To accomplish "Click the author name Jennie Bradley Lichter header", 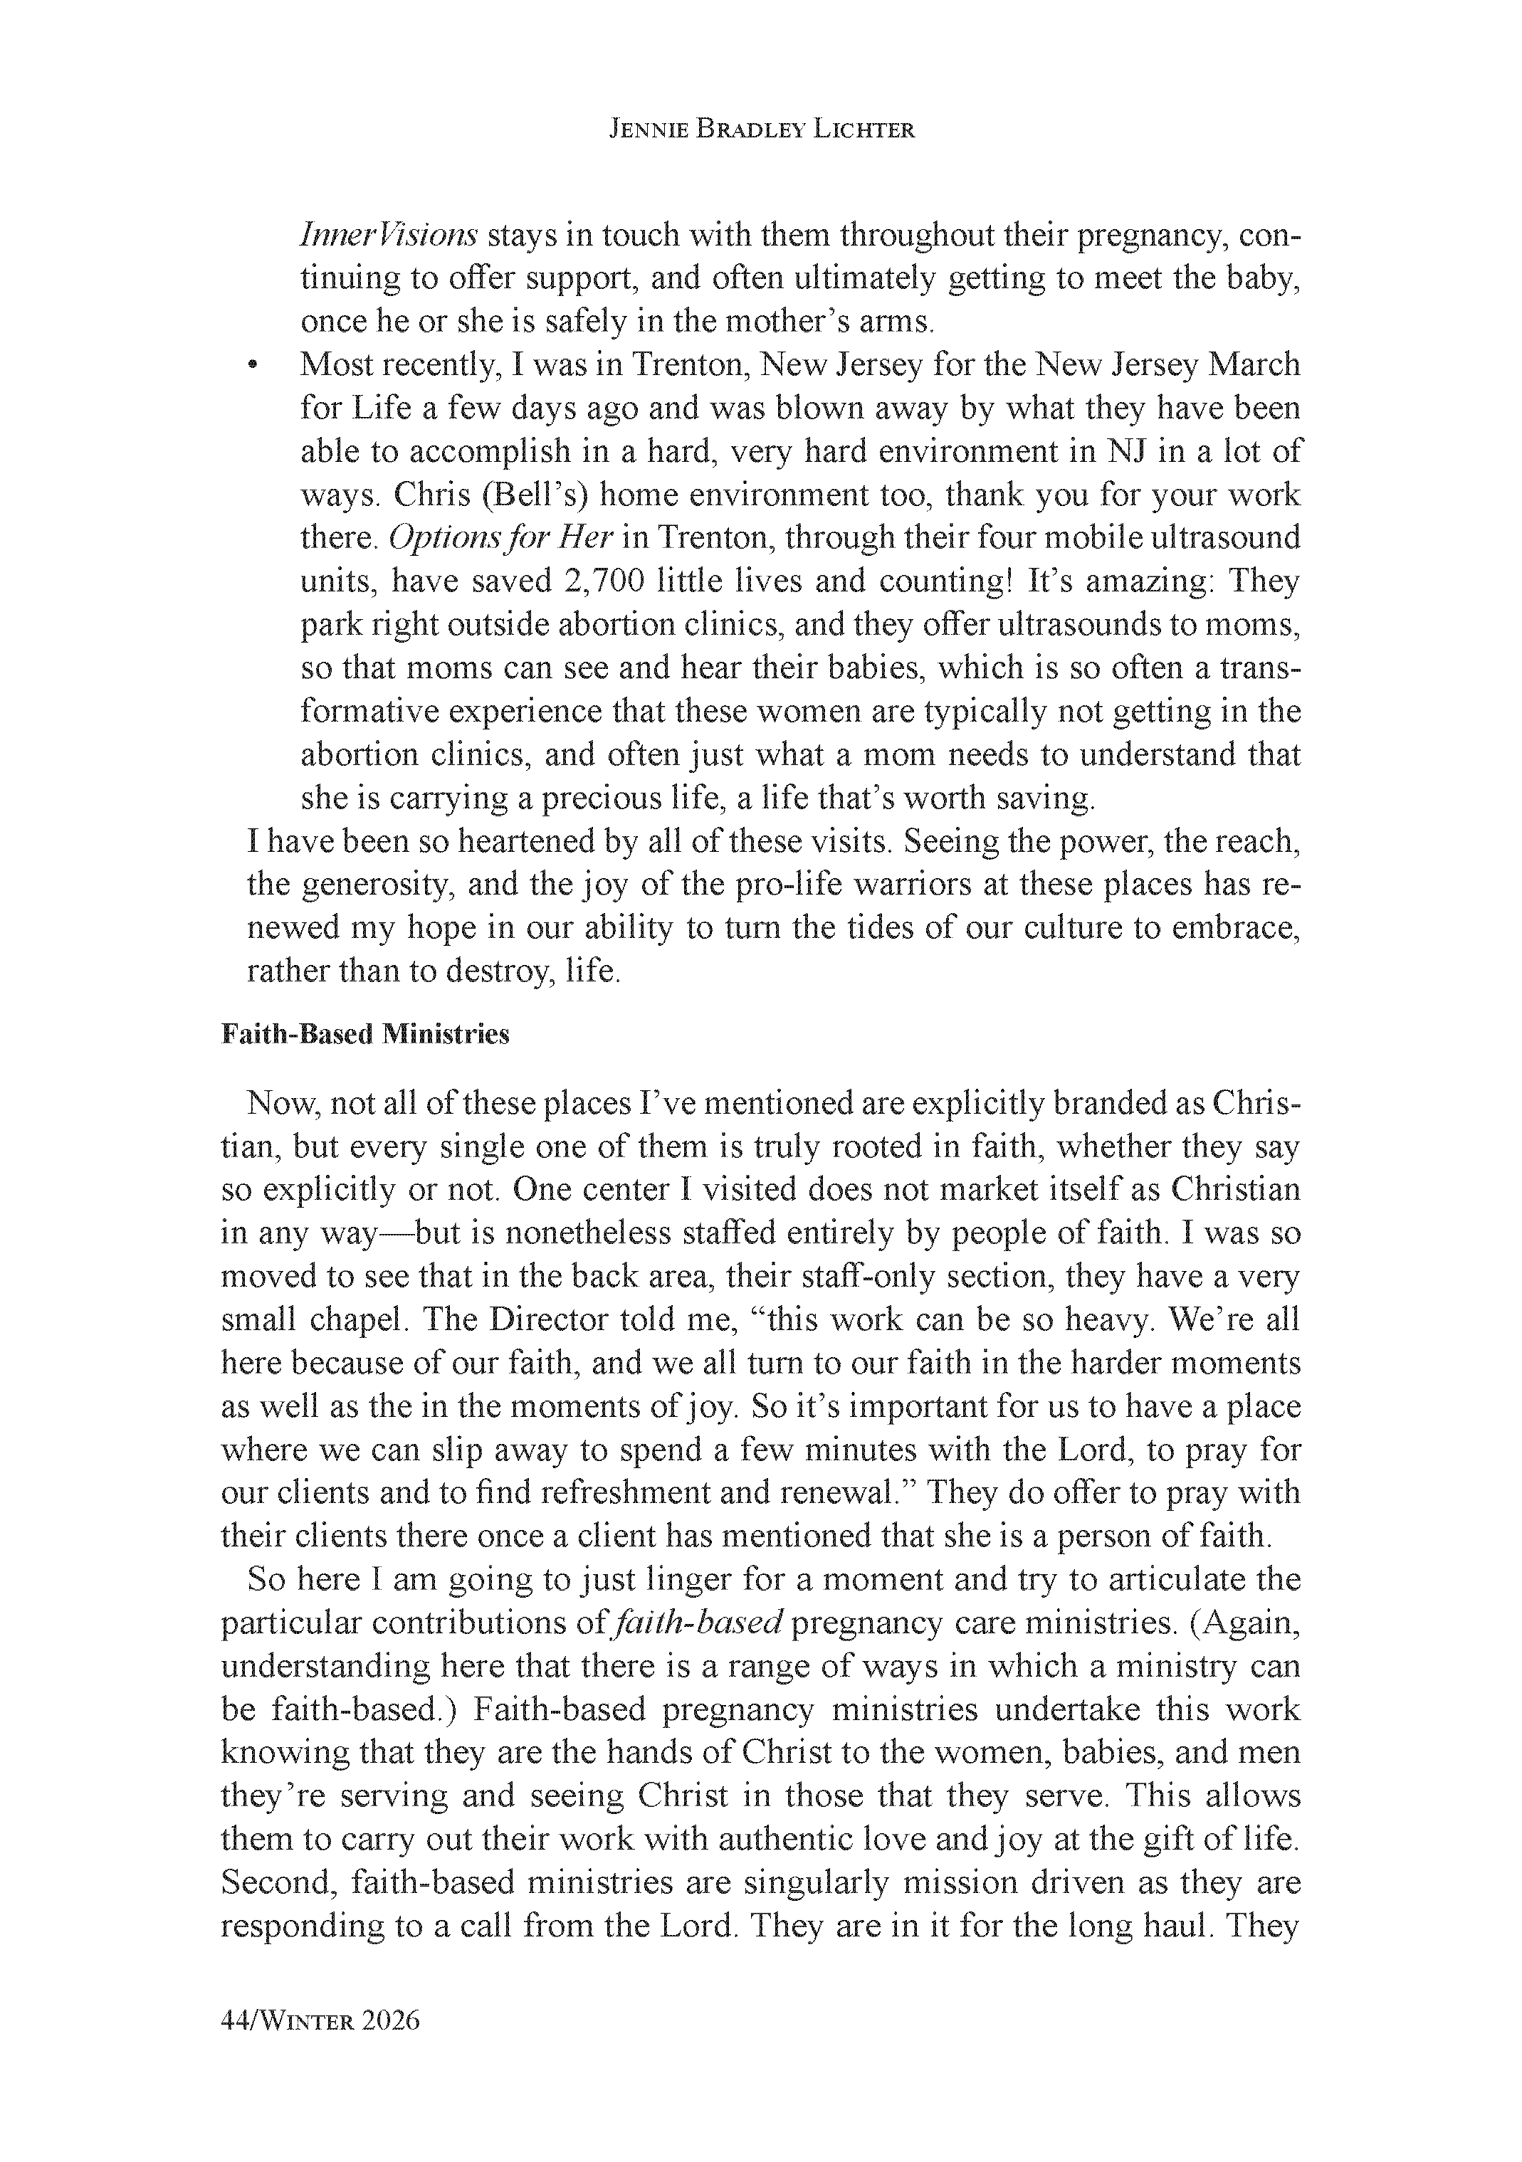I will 761,131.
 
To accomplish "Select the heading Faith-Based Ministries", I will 364,1034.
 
